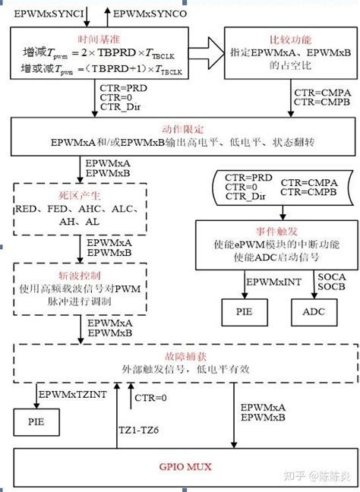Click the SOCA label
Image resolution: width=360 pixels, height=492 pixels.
pyautogui.click(x=327, y=277)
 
